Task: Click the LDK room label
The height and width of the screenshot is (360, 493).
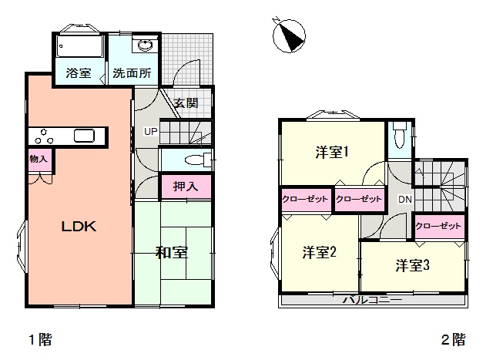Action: [x=79, y=227]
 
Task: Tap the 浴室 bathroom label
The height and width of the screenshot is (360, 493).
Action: [x=79, y=73]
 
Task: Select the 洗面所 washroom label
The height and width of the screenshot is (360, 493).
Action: [x=132, y=73]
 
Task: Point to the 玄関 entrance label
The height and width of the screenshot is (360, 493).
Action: [x=186, y=103]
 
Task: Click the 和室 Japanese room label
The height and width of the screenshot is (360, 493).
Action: [x=172, y=252]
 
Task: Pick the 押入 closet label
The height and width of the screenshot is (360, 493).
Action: [x=186, y=187]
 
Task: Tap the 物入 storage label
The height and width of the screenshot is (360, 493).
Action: [x=39, y=159]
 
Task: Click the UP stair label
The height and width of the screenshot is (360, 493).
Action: [x=151, y=131]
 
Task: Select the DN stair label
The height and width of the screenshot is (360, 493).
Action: [x=405, y=199]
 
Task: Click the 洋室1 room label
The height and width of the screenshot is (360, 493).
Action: [x=332, y=153]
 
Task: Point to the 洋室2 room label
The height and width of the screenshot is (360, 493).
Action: [x=320, y=252]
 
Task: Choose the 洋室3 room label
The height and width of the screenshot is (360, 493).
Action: [x=413, y=265]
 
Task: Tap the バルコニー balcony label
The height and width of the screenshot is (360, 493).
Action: [x=372, y=299]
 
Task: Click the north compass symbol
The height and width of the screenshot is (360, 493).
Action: [x=289, y=35]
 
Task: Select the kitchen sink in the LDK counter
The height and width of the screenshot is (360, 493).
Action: [x=84, y=136]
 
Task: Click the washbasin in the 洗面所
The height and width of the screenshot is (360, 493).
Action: [x=145, y=45]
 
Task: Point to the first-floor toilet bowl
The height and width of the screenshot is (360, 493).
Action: [x=195, y=160]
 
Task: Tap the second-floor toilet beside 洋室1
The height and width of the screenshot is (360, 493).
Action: [x=400, y=136]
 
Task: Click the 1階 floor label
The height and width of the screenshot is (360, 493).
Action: [x=40, y=340]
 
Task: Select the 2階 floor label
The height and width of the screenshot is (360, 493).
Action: [x=453, y=340]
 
